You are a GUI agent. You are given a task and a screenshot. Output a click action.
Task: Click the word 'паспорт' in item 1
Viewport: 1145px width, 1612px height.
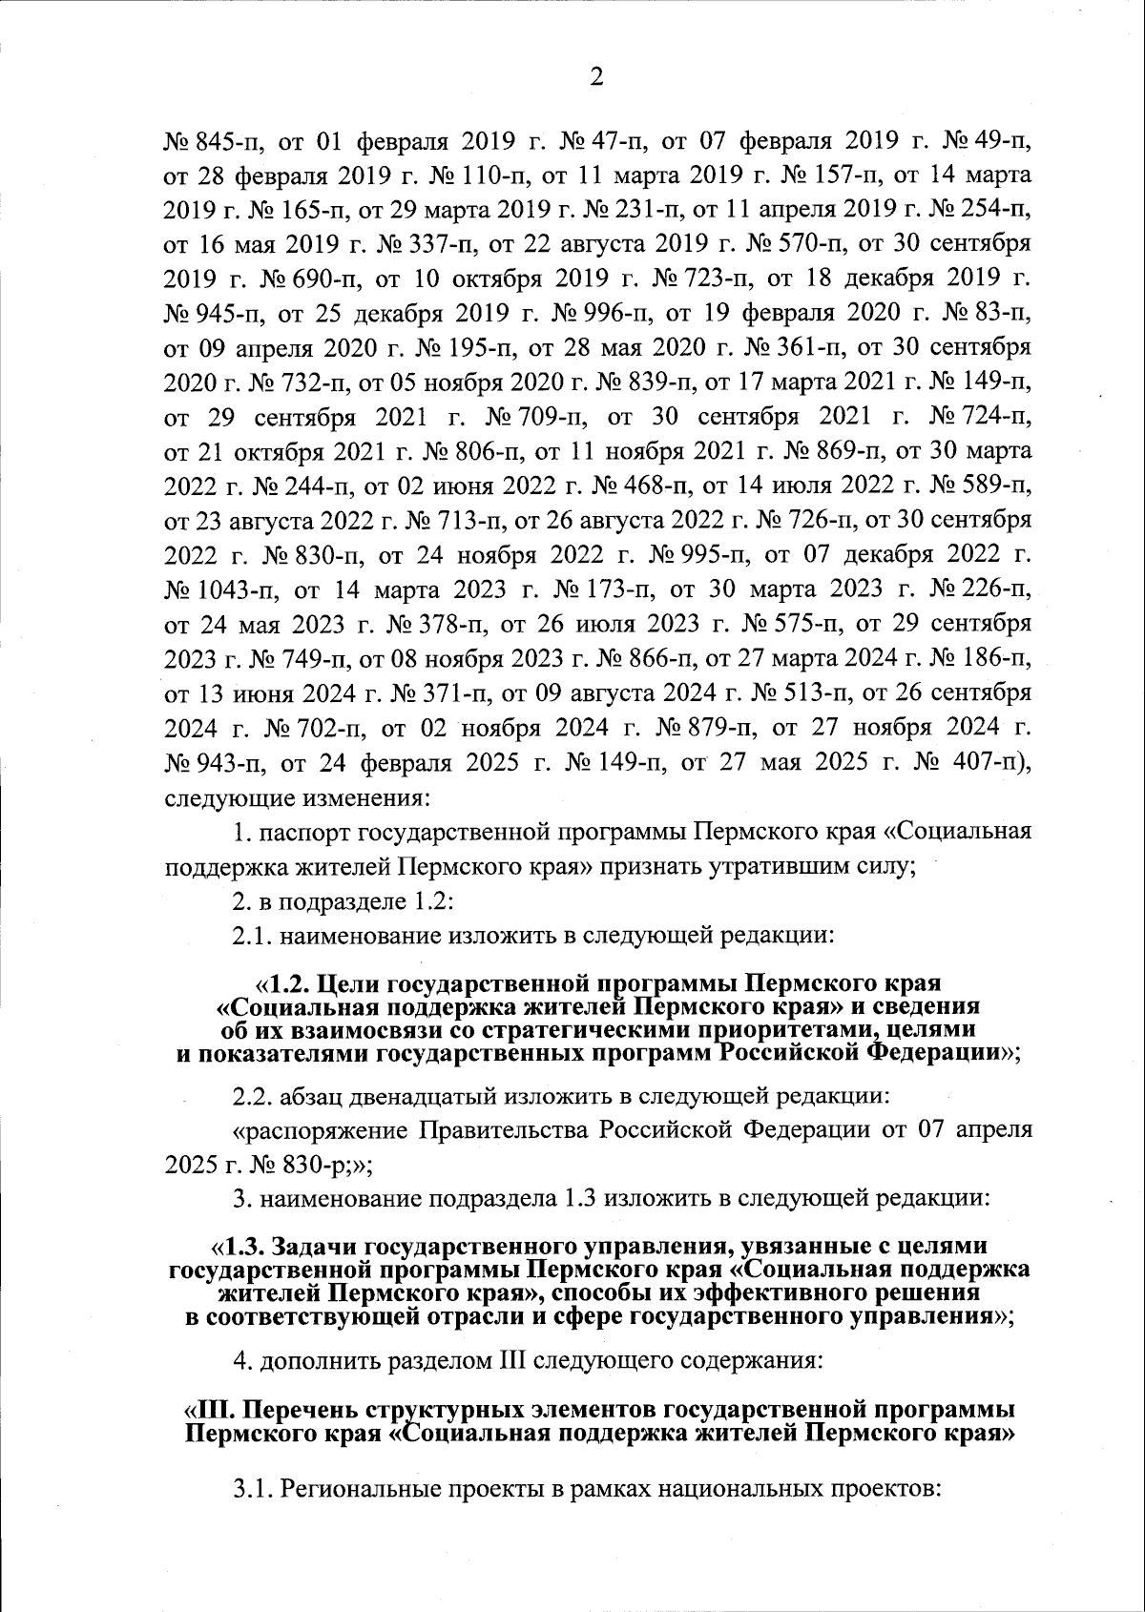click(x=307, y=831)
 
